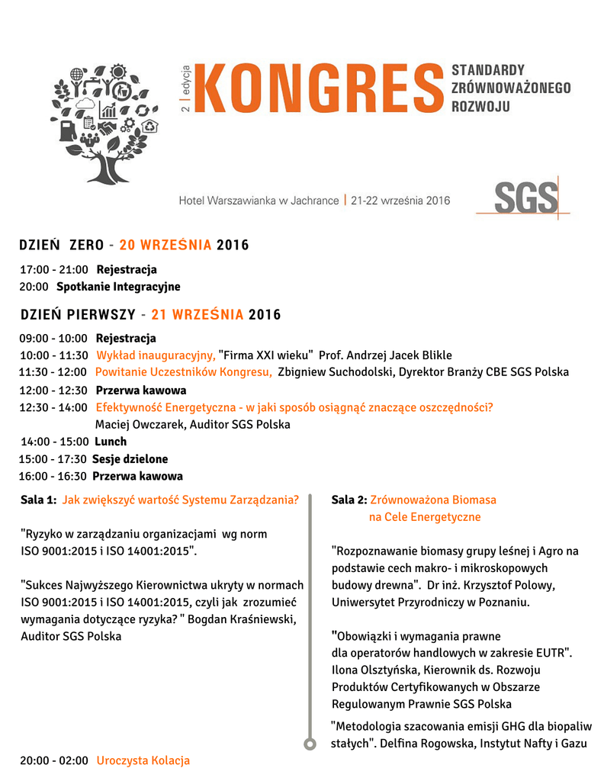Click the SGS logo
pos(526,199)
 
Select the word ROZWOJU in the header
pos(480,106)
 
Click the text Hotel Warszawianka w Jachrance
pos(259,201)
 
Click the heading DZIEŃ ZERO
pos(62,246)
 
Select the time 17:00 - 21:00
pos(53,270)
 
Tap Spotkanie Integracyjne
pos(118,287)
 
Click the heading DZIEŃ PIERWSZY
pos(78,315)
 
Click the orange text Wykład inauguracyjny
pos(156,355)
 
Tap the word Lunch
pos(111,442)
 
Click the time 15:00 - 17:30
pos(52,459)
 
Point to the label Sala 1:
pos(38,500)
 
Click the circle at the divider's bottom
pos(310,744)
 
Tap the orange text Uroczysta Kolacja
pos(143,760)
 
